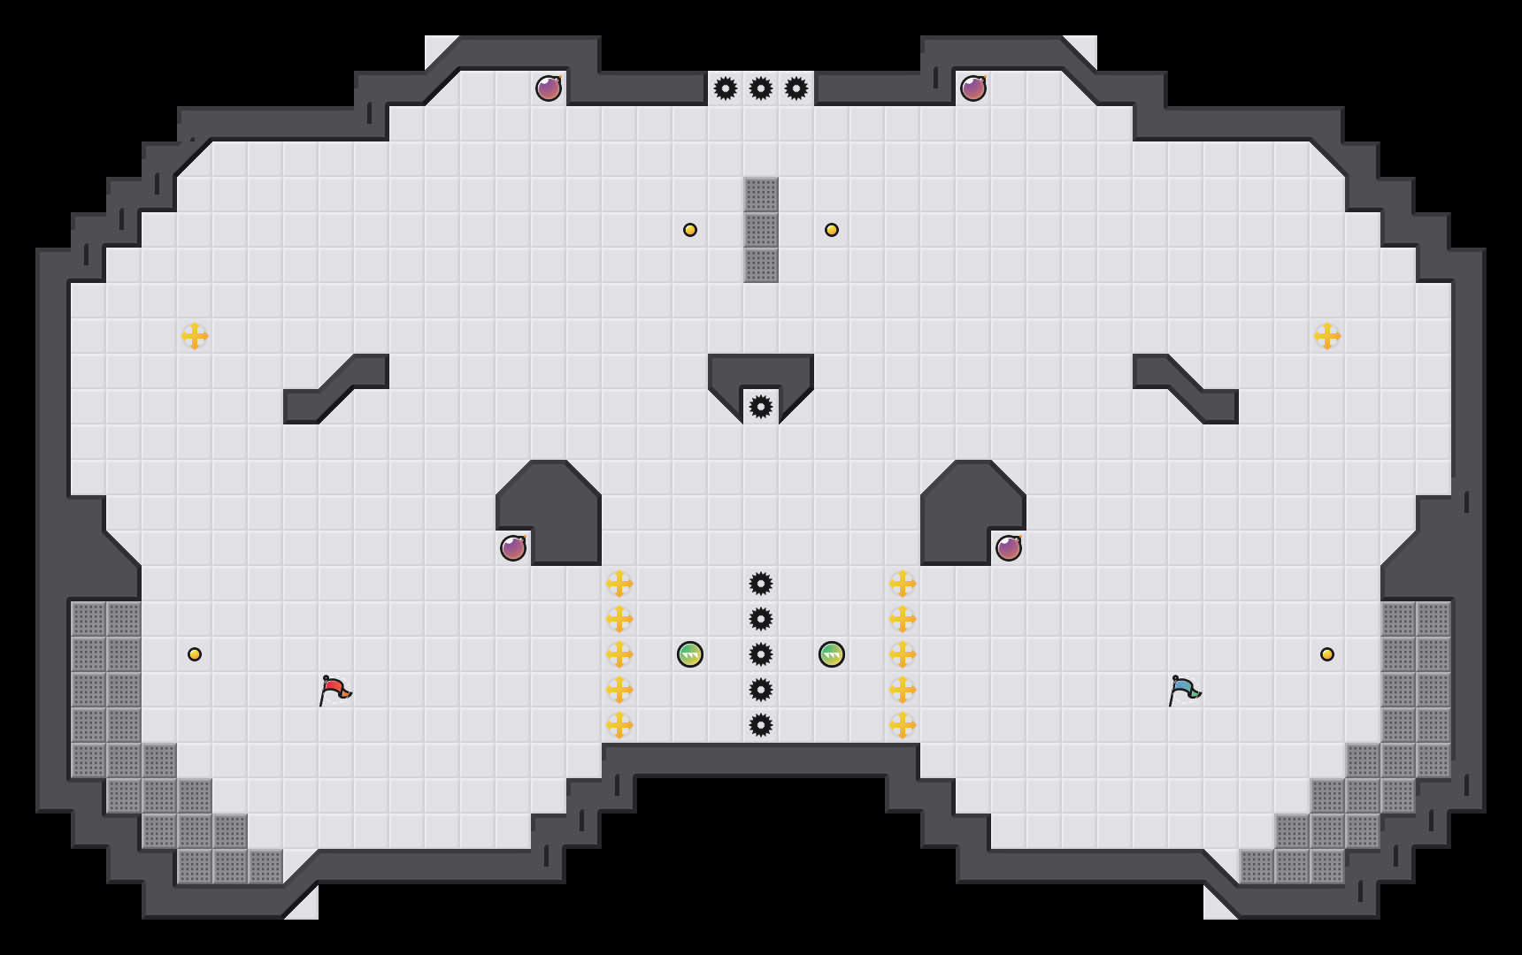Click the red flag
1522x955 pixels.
334,690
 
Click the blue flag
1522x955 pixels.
1183,690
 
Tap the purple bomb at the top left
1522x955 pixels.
549,88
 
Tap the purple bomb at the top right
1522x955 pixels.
973,88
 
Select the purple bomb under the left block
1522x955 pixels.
513,548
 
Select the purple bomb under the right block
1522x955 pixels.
1009,548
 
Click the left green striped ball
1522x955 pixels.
690,654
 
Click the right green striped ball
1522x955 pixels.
832,654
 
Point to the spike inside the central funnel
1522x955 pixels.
761,407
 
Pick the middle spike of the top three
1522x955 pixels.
761,88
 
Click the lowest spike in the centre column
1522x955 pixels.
761,725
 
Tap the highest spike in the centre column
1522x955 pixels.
761,584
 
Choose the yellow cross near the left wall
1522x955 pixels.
195,336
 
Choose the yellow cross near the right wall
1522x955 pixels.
1327,336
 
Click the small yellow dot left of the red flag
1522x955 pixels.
195,654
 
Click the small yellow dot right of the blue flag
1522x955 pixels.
1327,654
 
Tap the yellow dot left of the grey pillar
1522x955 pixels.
690,230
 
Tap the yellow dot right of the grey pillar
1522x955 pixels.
832,230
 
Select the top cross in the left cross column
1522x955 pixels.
619,584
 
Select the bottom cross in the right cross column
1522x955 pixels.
903,725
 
